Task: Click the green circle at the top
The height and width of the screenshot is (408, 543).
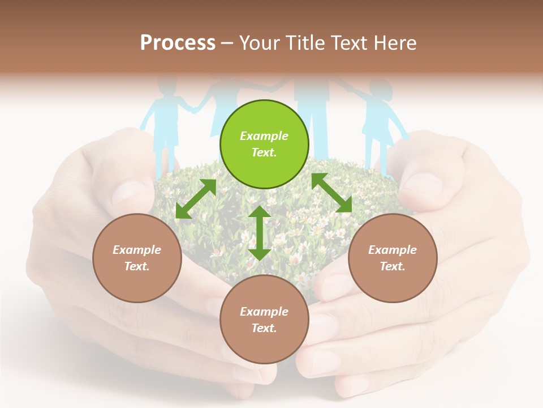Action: (264, 144)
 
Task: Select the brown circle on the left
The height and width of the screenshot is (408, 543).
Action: (137, 258)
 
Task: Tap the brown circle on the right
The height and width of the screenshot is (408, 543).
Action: (393, 258)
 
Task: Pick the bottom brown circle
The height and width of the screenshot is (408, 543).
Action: (264, 320)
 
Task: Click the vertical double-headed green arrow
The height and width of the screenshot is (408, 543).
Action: (260, 233)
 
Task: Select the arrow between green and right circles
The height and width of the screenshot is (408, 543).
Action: (331, 193)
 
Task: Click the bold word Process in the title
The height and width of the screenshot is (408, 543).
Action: (178, 43)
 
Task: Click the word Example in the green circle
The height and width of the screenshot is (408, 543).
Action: (264, 136)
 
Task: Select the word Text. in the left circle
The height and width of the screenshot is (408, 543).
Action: (137, 266)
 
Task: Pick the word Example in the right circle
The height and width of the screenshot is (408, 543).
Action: (393, 250)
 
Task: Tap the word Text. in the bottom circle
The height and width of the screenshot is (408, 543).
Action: (264, 328)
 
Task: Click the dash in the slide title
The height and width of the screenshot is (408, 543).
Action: (227, 43)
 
